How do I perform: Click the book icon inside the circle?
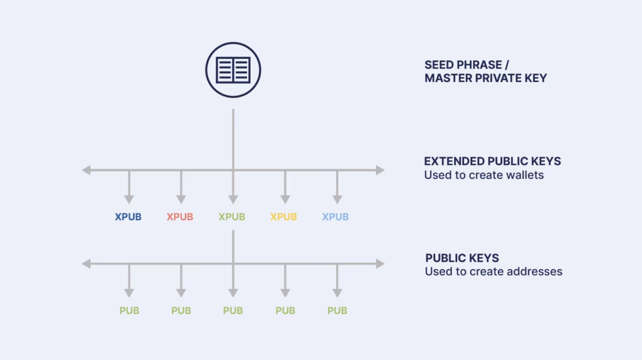click(233, 70)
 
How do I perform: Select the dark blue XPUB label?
click(128, 217)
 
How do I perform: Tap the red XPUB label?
click(180, 217)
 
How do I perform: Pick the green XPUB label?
click(232, 217)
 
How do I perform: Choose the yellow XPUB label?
click(283, 217)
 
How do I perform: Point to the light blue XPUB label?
click(335, 217)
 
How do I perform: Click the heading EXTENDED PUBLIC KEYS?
click(492, 161)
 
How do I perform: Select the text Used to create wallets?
click(483, 175)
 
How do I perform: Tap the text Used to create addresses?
click(493, 272)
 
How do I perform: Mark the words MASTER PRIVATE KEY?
click(485, 78)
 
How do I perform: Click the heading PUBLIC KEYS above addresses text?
click(462, 258)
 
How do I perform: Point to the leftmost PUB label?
click(129, 310)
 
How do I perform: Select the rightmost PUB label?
click(337, 310)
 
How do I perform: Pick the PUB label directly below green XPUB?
click(233, 310)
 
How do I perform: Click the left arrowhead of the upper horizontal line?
click(87, 170)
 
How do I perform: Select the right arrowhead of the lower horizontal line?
click(380, 264)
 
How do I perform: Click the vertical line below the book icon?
click(233, 138)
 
